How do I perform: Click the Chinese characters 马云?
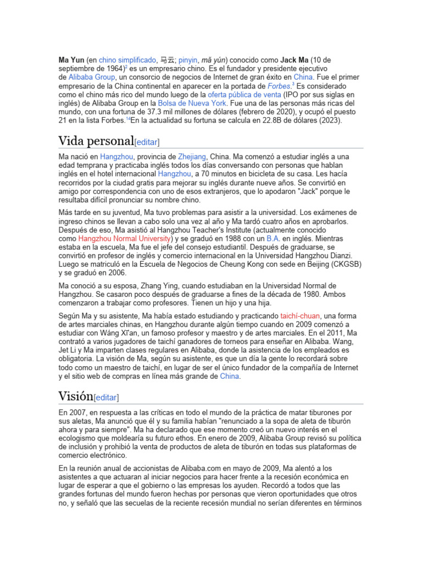(166, 59)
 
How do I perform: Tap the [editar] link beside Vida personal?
(147, 142)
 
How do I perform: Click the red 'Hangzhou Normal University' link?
(125, 239)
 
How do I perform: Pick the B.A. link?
(273, 239)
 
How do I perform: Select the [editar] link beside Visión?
(107, 397)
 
